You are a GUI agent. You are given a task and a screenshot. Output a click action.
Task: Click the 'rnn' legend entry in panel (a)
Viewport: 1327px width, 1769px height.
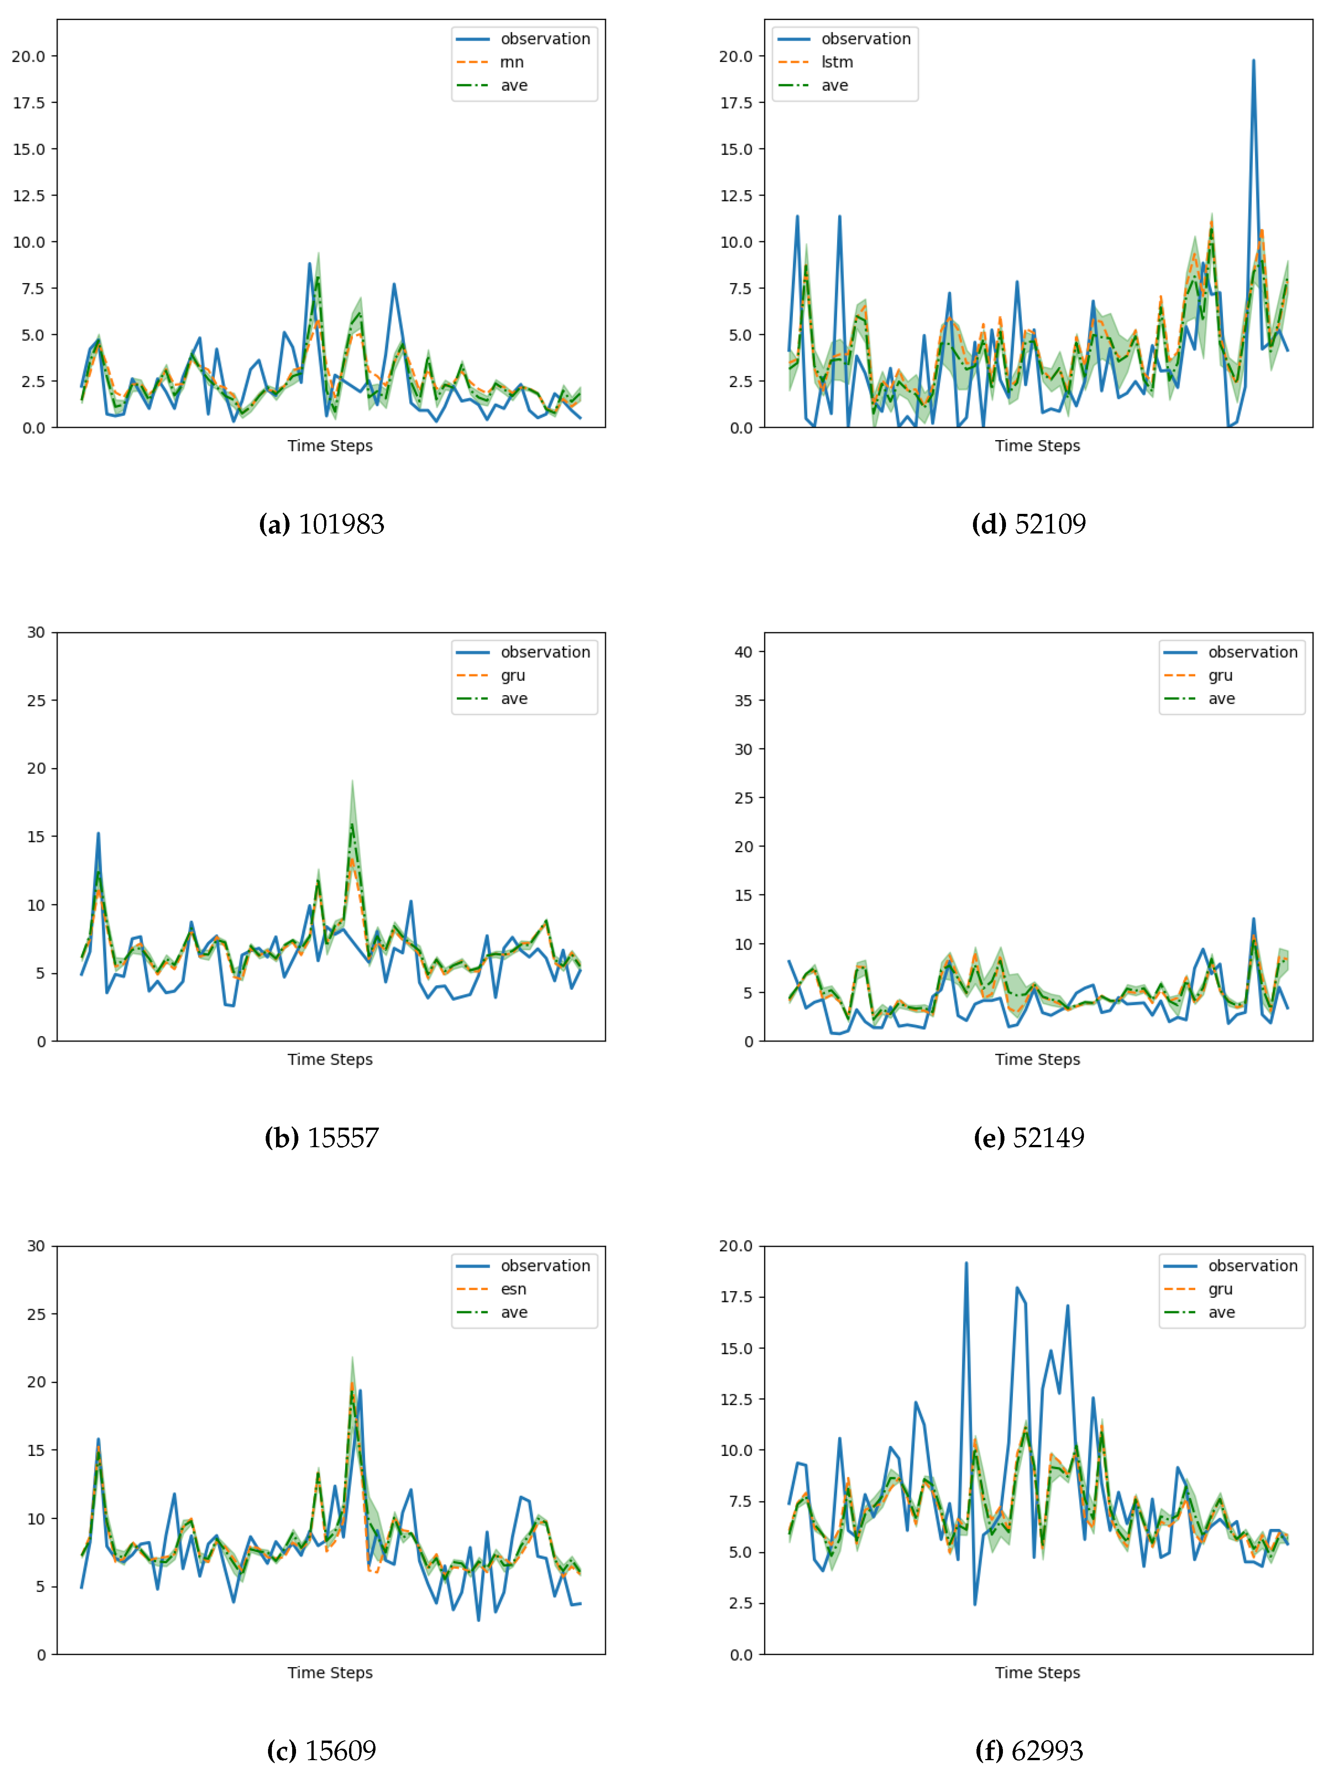click(511, 62)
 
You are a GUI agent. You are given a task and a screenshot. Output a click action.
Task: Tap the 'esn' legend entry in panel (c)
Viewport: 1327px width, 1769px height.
click(513, 1289)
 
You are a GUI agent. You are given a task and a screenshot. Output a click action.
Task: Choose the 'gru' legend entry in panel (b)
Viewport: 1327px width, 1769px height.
click(513, 676)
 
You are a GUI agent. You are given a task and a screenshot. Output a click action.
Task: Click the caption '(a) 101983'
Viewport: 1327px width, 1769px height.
click(321, 525)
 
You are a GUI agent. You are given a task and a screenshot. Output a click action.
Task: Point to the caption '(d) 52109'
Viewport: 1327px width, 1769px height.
click(1029, 525)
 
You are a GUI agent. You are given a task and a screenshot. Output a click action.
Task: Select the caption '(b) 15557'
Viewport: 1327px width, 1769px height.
click(321, 1138)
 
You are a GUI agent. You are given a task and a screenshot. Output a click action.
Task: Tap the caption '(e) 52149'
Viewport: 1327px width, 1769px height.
click(1029, 1138)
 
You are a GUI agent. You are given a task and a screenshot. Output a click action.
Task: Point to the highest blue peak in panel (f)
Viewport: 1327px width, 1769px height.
click(966, 1264)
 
